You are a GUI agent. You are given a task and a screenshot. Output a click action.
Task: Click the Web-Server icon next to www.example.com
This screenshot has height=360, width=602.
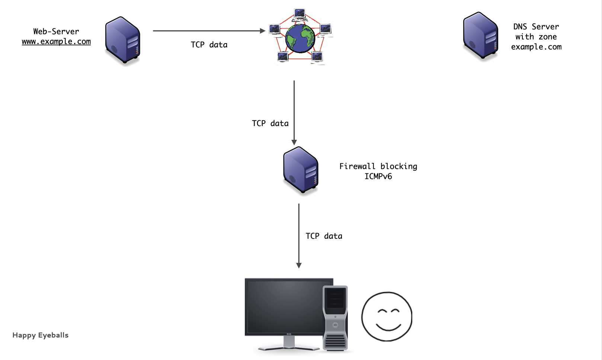point(122,40)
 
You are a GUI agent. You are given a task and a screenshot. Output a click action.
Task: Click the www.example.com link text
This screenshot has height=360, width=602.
point(56,42)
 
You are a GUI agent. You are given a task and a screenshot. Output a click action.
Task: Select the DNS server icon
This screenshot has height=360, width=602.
point(480,36)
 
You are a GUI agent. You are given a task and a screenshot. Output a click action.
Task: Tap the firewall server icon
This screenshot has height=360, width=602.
point(301,170)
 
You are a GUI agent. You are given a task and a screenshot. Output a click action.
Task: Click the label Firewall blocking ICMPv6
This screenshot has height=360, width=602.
point(378,171)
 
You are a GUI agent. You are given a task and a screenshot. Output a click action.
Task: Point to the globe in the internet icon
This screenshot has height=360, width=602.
point(300,38)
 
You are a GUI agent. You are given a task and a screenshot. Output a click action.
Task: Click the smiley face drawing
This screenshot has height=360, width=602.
point(387,316)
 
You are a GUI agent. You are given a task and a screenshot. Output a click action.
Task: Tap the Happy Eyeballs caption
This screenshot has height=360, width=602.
point(41,335)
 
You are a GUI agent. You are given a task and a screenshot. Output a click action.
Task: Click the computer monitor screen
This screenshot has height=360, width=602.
point(285,306)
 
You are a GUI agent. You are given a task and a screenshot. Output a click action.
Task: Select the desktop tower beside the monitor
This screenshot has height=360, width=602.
point(335,318)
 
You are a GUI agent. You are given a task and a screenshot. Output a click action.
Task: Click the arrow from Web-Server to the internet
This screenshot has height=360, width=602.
point(209,31)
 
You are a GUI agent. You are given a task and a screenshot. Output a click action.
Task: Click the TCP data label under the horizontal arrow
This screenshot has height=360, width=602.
point(209,45)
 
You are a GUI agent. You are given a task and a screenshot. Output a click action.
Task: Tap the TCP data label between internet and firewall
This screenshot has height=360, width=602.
point(270,123)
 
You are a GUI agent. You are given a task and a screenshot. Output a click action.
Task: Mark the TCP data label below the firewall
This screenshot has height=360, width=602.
point(324,236)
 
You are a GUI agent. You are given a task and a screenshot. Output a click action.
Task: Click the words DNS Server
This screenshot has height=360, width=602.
point(536,27)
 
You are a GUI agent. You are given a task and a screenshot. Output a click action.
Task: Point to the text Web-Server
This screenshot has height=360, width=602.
point(56,32)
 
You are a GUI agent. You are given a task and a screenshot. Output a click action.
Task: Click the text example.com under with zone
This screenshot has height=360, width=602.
point(536,47)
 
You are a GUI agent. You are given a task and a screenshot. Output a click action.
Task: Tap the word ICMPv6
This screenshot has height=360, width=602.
point(378,176)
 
